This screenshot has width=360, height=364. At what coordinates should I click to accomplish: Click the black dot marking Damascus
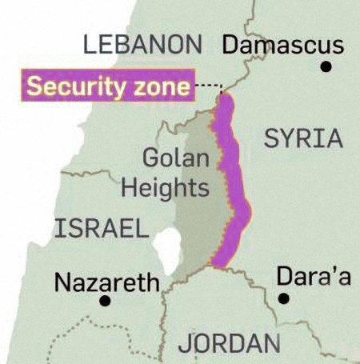click(x=326, y=67)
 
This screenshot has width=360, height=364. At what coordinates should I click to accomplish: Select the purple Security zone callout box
click(x=108, y=85)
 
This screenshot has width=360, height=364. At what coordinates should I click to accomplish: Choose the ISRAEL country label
click(x=101, y=230)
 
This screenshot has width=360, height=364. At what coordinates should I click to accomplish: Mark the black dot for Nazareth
click(x=104, y=302)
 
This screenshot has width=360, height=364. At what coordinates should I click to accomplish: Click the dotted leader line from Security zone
click(x=208, y=86)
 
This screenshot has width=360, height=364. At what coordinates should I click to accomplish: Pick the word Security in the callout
click(x=78, y=86)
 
